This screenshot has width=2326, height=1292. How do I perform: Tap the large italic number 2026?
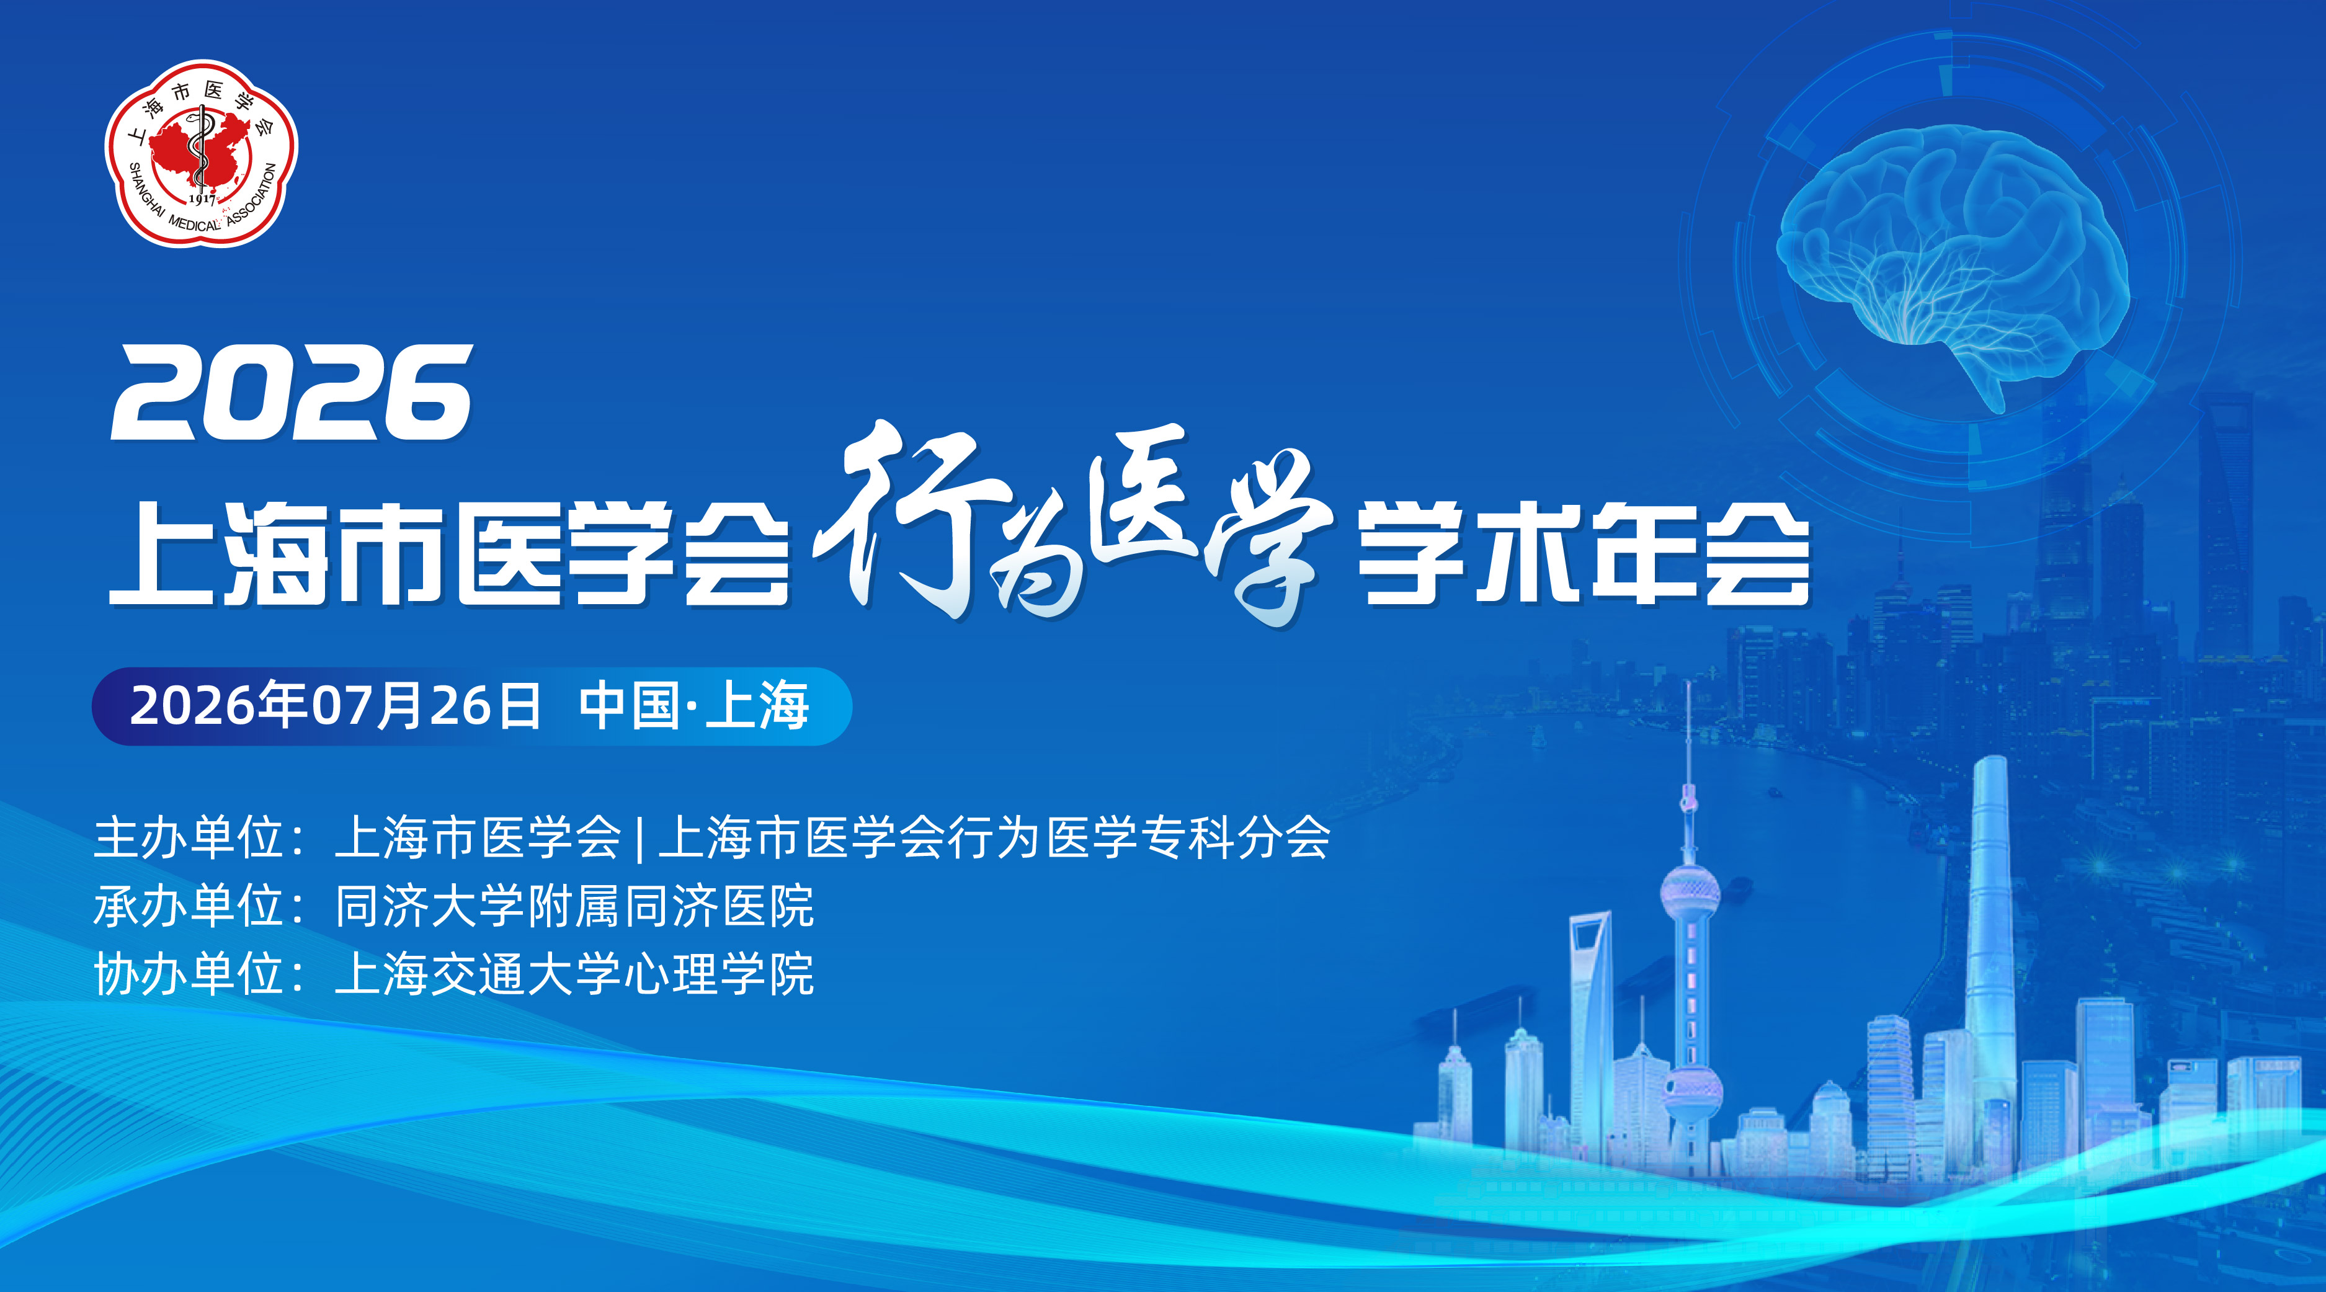[292, 394]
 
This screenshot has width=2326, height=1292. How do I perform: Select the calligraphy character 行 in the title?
[912, 519]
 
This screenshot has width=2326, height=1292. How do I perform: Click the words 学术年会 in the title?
[1585, 553]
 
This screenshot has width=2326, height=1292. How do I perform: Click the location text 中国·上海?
[693, 706]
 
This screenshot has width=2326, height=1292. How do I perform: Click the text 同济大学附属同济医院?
[574, 906]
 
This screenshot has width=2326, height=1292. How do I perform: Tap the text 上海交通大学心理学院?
[574, 974]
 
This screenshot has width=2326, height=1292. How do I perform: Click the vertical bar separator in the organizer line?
[639, 838]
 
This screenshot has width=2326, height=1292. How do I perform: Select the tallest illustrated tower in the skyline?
[1989, 957]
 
